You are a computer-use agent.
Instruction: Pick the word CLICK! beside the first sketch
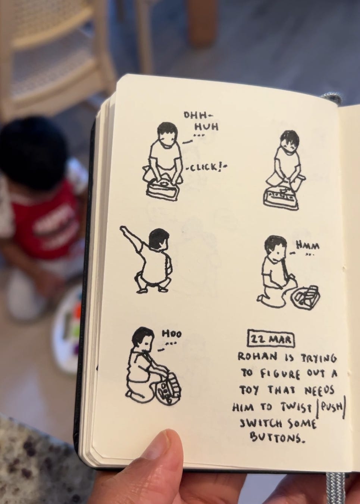click(x=206, y=168)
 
